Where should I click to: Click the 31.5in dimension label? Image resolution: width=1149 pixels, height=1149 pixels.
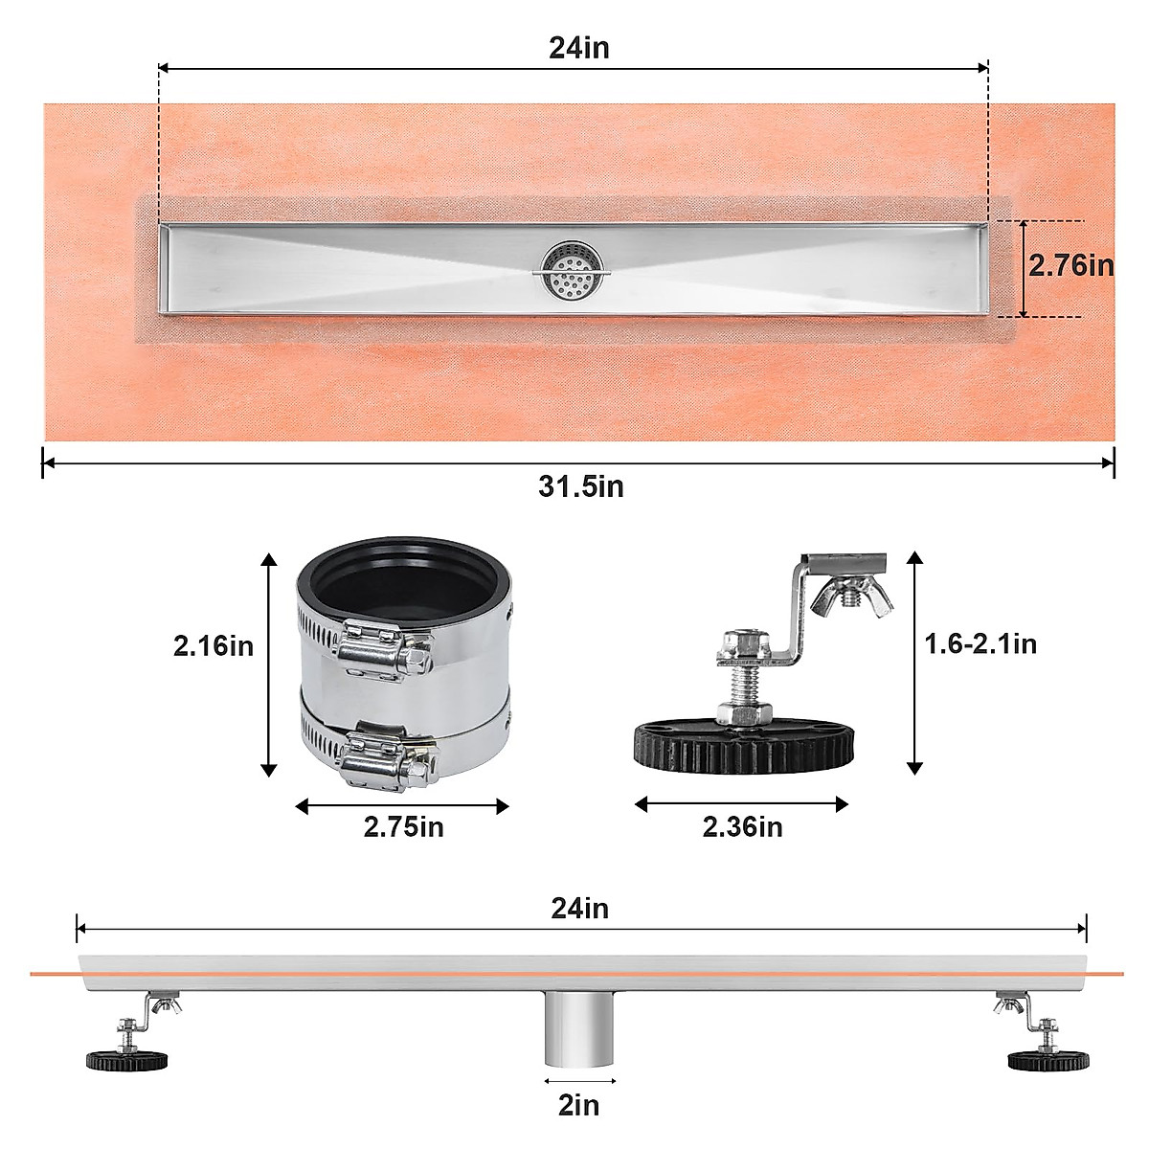tap(580, 486)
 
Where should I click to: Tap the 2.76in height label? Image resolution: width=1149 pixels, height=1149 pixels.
tap(1071, 265)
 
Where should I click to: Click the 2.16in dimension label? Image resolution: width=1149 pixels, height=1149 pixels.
tap(214, 646)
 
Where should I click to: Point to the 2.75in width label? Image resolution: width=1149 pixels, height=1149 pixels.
tap(403, 826)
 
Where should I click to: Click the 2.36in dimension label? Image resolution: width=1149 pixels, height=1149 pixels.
tap(742, 826)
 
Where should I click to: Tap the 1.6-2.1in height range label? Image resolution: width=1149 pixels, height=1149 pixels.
tap(980, 643)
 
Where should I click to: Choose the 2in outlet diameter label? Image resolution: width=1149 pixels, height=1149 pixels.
tap(578, 1105)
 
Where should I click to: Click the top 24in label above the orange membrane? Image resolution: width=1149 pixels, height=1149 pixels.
tap(578, 48)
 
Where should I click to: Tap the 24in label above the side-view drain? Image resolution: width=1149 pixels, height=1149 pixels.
tap(579, 908)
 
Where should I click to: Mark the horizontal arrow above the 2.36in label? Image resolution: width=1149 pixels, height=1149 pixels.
tap(741, 804)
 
